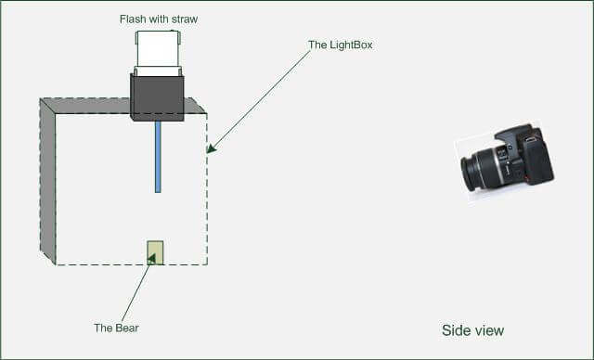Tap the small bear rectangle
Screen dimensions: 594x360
(x=155, y=252)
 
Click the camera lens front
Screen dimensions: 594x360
(x=470, y=173)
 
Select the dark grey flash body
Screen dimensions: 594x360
(x=157, y=97)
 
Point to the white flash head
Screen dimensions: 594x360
(x=159, y=51)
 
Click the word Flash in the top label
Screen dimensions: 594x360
(x=134, y=19)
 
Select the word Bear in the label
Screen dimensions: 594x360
(x=126, y=328)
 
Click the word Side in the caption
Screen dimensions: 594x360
(x=455, y=330)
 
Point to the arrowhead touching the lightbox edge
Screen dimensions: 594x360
(x=211, y=148)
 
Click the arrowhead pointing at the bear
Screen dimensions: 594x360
(x=151, y=259)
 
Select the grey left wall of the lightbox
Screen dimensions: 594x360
(x=47, y=181)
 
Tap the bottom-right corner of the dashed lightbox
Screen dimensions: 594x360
(x=206, y=264)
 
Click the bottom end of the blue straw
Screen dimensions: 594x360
(x=158, y=189)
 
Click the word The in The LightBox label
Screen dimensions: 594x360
(x=317, y=45)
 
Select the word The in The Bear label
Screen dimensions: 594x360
(x=103, y=328)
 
